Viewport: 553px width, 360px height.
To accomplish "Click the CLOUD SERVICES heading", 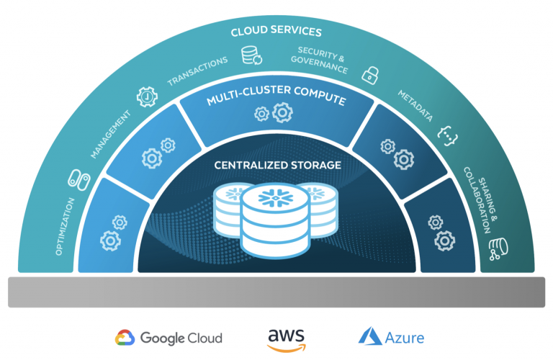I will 276,32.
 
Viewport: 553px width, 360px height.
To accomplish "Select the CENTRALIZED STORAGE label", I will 276,166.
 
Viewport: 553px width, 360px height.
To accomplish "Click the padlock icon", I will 370,73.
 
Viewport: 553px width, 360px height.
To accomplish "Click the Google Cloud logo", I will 168,338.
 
